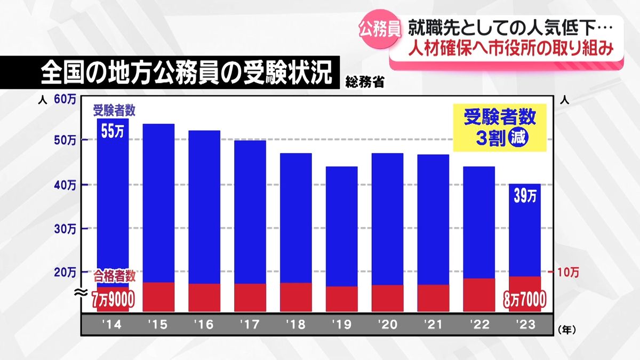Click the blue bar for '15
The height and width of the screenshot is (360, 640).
click(x=158, y=203)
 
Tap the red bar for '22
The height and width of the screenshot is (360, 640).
click(x=479, y=295)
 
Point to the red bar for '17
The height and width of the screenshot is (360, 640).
click(x=250, y=298)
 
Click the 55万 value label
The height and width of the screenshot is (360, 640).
click(x=112, y=131)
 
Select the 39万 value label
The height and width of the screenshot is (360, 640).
click(x=525, y=196)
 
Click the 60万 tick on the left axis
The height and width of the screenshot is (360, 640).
click(x=65, y=99)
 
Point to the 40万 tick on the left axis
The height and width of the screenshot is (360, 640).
click(x=65, y=185)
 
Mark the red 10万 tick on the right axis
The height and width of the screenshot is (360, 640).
click(x=568, y=273)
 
